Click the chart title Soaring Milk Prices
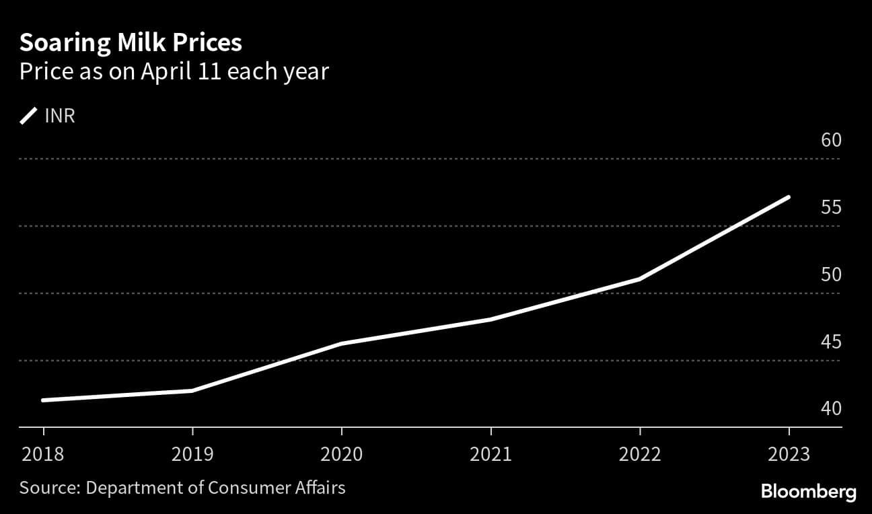click(131, 43)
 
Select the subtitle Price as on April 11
click(174, 71)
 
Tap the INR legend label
click(60, 116)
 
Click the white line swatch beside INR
click(29, 116)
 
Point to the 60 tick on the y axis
click(831, 140)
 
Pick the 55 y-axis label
click(831, 207)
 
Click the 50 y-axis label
click(831, 274)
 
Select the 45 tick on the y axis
click(831, 342)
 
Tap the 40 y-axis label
click(831, 408)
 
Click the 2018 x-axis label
click(43, 454)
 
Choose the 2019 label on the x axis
click(192, 454)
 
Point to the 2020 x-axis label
click(342, 454)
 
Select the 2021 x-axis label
click(490, 454)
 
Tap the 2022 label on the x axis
click(640, 454)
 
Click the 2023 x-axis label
click(789, 454)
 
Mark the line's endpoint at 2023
click(788, 197)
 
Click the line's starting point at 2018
click(44, 400)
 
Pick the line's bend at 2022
click(639, 279)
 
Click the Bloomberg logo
click(808, 492)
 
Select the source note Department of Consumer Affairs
click(182, 487)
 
